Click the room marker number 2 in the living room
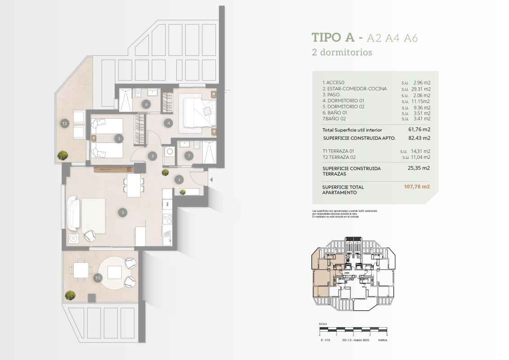point(122,212)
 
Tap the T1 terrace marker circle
point(98,279)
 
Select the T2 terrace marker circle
point(64,123)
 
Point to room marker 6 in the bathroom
point(146,104)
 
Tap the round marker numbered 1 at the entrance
point(179,180)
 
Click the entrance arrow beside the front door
point(211,180)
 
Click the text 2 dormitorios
point(342,52)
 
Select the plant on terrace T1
point(70,295)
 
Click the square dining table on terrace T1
point(81,270)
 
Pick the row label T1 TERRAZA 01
point(339,151)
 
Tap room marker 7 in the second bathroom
point(189,156)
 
